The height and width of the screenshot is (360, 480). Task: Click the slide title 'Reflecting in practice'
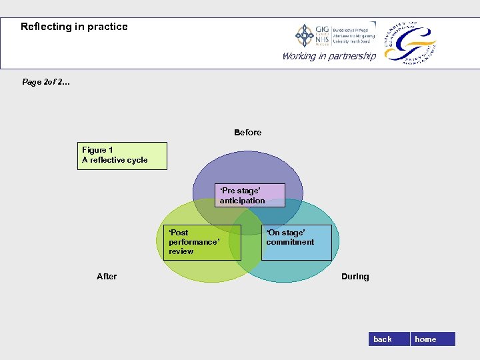74,27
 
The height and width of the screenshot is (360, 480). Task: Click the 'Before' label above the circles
247,133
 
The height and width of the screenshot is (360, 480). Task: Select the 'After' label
107,276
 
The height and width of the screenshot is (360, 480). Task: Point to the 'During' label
355,277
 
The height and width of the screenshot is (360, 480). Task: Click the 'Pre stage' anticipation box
250,195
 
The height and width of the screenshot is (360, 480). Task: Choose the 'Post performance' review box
202,242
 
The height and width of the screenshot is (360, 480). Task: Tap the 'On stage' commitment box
297,242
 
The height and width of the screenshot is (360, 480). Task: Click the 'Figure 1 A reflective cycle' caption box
122,155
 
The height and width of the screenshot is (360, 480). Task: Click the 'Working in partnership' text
329,56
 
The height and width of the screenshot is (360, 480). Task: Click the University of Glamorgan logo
410,41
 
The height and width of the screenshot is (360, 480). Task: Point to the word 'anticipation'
242,201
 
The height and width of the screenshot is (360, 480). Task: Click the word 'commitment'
290,242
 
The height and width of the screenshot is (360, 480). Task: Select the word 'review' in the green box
181,251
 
